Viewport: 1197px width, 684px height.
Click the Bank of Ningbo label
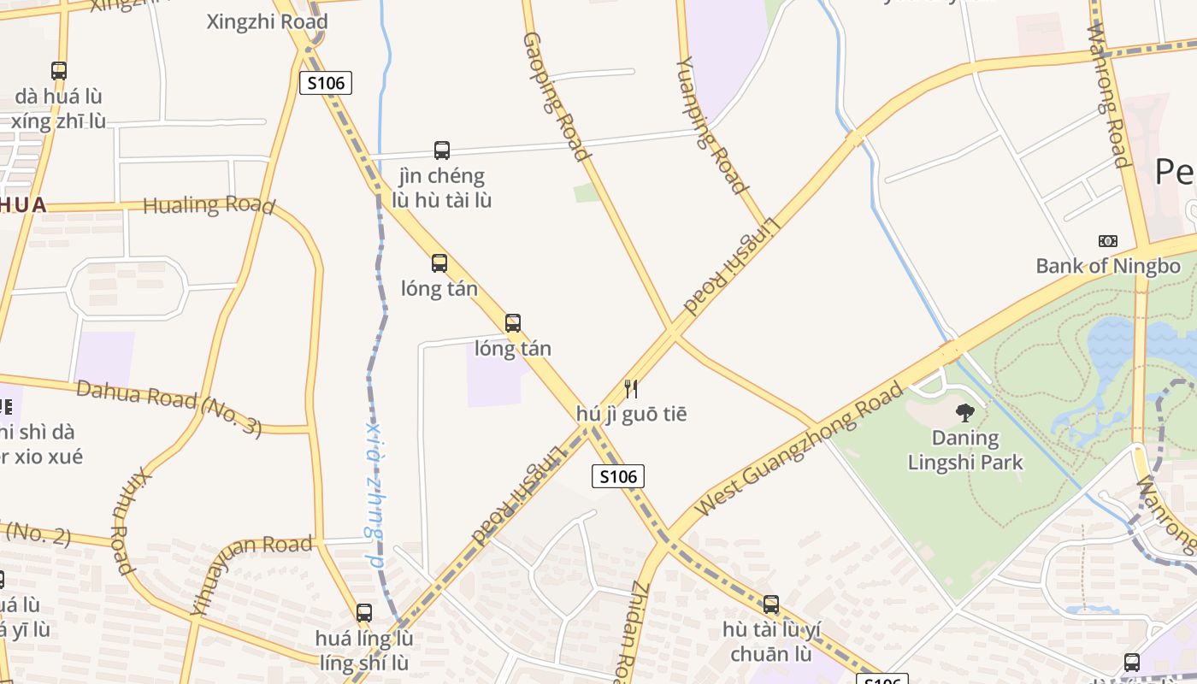tap(1107, 266)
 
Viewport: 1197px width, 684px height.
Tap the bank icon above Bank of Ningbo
tap(1107, 241)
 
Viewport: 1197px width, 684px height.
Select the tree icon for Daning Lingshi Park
tap(965, 413)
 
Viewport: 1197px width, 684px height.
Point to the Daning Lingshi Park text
tap(965, 451)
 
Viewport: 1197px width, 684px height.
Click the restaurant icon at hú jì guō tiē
tap(631, 389)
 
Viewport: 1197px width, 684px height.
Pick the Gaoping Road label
tap(556, 97)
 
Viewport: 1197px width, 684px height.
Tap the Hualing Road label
tap(209, 205)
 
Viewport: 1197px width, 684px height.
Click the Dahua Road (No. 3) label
tap(168, 408)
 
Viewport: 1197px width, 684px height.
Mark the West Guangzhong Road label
tap(799, 450)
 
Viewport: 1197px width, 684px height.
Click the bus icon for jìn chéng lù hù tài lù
tap(441, 150)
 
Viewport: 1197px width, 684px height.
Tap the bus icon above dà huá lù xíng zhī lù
tap(59, 70)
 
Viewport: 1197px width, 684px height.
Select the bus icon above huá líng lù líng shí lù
tap(364, 612)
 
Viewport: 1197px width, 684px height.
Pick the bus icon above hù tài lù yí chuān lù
tap(771, 604)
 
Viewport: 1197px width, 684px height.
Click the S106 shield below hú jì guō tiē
tap(618, 476)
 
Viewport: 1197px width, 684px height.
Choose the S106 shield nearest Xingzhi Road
tap(326, 83)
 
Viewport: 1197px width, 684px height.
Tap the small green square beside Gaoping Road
tap(587, 192)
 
